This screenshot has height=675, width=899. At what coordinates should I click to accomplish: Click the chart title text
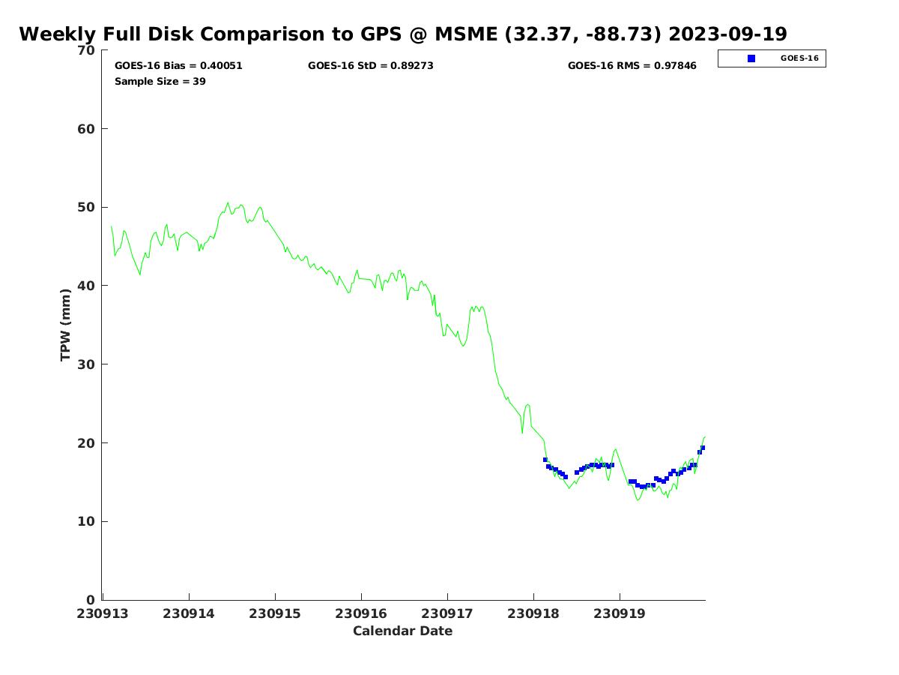pos(402,34)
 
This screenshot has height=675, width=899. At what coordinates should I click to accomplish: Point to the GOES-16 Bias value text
pos(178,66)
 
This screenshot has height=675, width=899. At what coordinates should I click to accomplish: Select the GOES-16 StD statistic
pos(370,66)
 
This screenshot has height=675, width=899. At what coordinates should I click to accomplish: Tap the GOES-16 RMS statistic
pos(632,66)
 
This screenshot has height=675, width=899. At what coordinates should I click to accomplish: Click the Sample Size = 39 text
pos(160,82)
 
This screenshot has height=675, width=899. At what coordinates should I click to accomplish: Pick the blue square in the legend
pos(751,58)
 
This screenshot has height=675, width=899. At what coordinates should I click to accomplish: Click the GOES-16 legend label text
pos(799,58)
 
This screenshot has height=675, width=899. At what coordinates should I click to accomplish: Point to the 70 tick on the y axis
pos(87,51)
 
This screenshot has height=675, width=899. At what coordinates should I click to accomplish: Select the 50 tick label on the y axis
pos(87,208)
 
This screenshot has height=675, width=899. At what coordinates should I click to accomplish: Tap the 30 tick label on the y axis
pos(87,364)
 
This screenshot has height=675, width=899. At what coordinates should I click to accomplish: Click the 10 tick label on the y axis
pos(87,522)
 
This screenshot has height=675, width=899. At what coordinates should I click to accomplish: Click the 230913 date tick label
pos(103,613)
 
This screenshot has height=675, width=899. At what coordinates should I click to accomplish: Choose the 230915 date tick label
pos(275,613)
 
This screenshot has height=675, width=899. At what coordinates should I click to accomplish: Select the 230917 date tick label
pos(447,613)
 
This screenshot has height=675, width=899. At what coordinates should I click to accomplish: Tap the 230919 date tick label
pos(620,613)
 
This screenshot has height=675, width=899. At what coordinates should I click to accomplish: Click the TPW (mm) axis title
pos(66,325)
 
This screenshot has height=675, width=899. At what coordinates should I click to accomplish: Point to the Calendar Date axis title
pos(402,631)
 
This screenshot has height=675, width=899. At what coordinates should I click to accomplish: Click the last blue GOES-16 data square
pos(703,448)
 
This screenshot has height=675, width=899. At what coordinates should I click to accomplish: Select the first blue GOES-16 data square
pos(545,460)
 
